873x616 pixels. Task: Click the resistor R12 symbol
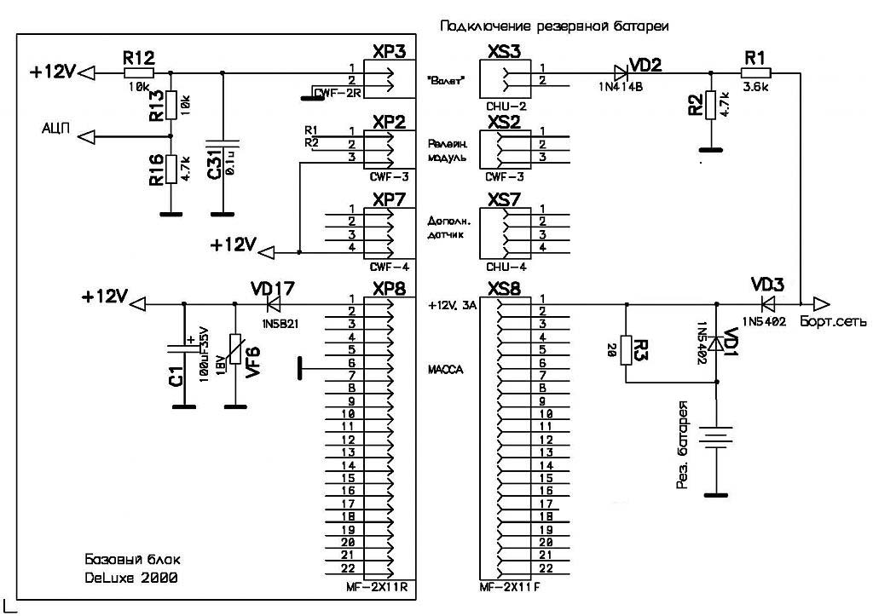point(133,73)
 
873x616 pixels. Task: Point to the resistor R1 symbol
point(755,73)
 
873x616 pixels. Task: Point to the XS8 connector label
point(504,286)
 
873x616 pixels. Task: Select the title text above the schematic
point(554,26)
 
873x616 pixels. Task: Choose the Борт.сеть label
point(833,321)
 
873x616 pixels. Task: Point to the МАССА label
point(444,370)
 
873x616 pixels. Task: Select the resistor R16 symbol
point(171,168)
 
